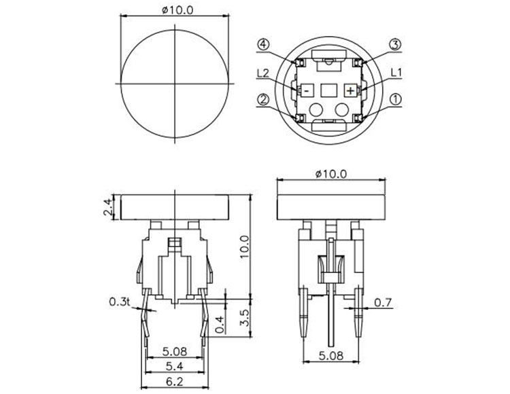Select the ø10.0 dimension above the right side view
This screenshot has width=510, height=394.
point(331,174)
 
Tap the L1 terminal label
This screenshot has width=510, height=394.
point(397,73)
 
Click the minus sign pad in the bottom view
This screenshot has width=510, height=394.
point(307,90)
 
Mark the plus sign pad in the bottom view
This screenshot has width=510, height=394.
point(350,90)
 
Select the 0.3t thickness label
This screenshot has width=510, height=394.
point(119,301)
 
